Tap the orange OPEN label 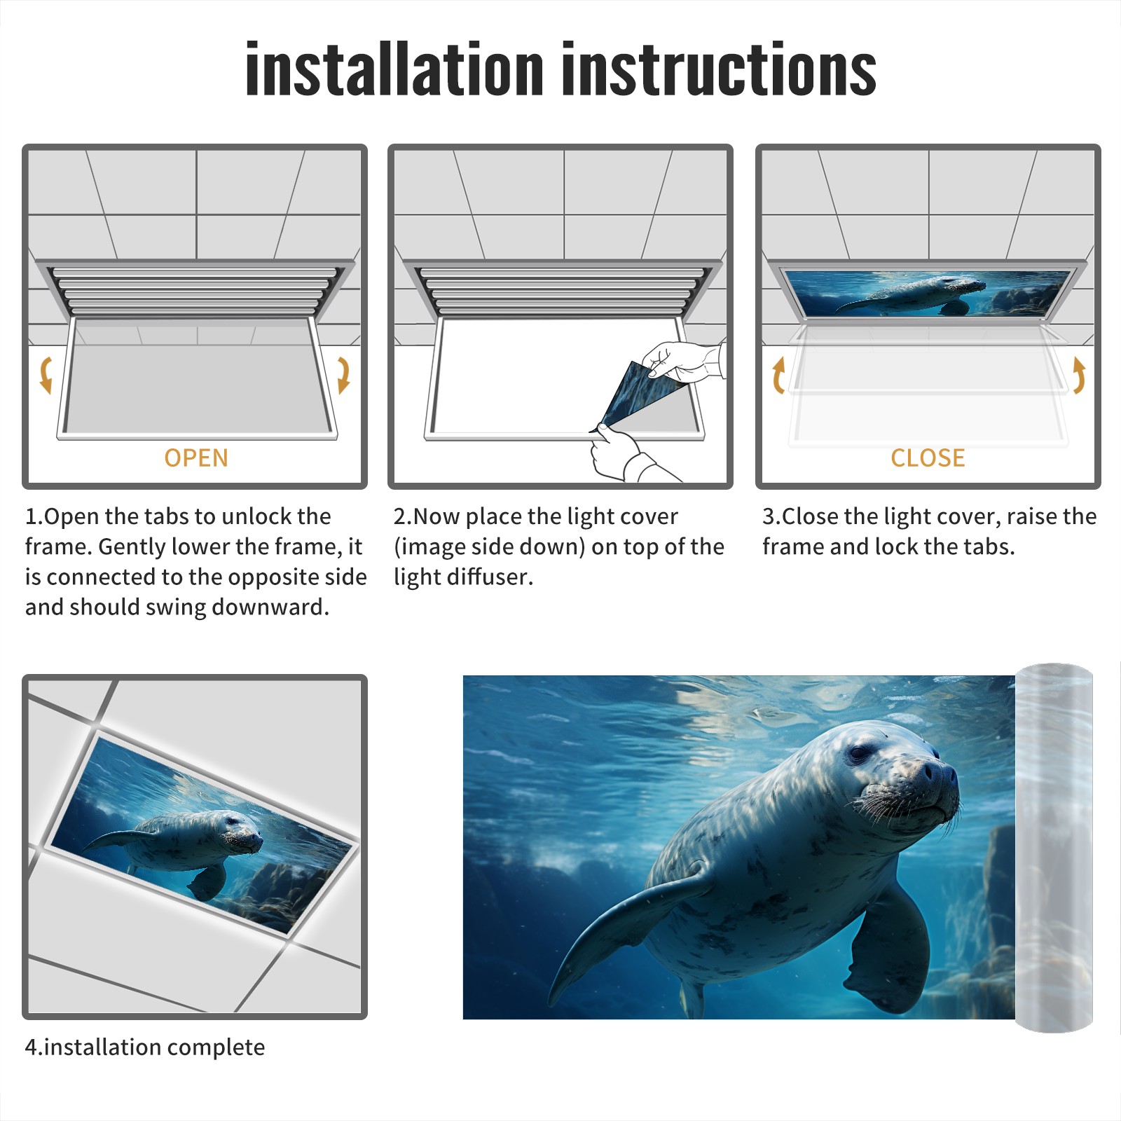point(196,458)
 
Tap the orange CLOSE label point(928,458)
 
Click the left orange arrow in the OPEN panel point(46,375)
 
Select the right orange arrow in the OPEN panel point(343,375)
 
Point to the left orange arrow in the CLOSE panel point(778,375)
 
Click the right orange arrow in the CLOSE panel point(1079,375)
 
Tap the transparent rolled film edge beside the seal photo point(1054,848)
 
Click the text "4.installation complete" point(145,1047)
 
